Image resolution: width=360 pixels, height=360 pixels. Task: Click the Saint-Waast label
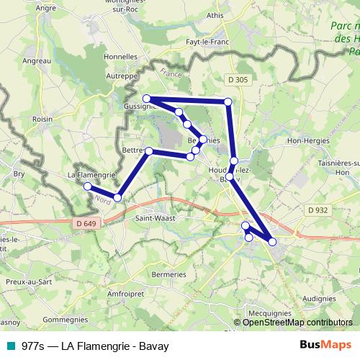(x=155, y=216)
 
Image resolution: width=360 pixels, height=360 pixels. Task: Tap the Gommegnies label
(x=66, y=318)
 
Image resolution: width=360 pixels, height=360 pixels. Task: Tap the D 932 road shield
(x=316, y=210)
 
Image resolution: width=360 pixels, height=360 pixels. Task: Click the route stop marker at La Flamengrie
(x=88, y=186)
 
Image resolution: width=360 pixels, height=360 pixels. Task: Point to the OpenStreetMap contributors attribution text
(x=297, y=323)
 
